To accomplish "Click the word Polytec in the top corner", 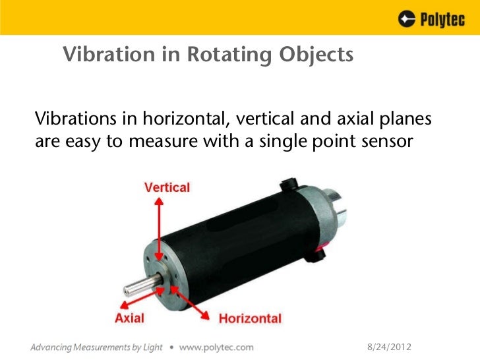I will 442,20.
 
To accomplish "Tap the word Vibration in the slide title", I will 101,55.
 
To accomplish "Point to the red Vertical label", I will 167,187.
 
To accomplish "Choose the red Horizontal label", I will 250,319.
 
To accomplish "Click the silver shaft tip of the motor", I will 127,287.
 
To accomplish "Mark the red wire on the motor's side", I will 321,250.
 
